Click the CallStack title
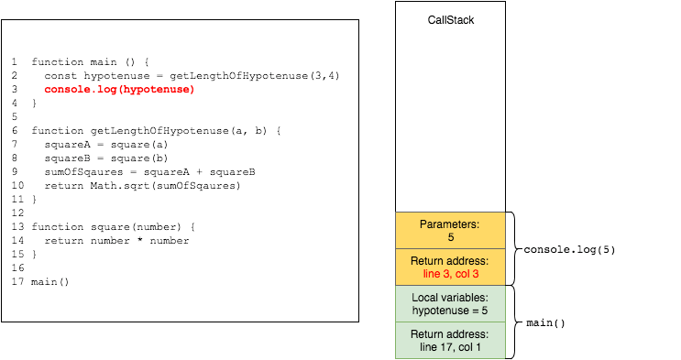pyautogui.click(x=451, y=19)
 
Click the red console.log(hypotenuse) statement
pyautogui.click(x=119, y=90)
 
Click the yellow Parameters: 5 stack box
pyautogui.click(x=451, y=230)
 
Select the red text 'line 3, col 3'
pyautogui.click(x=451, y=274)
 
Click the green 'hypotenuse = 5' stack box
pyautogui.click(x=451, y=303)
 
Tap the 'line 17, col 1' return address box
pyautogui.click(x=451, y=340)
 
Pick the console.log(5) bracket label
pyautogui.click(x=568, y=249)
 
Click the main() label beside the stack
pyautogui.click(x=546, y=322)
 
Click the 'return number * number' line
pyautogui.click(x=116, y=241)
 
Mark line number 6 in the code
pyautogui.click(x=16, y=131)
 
